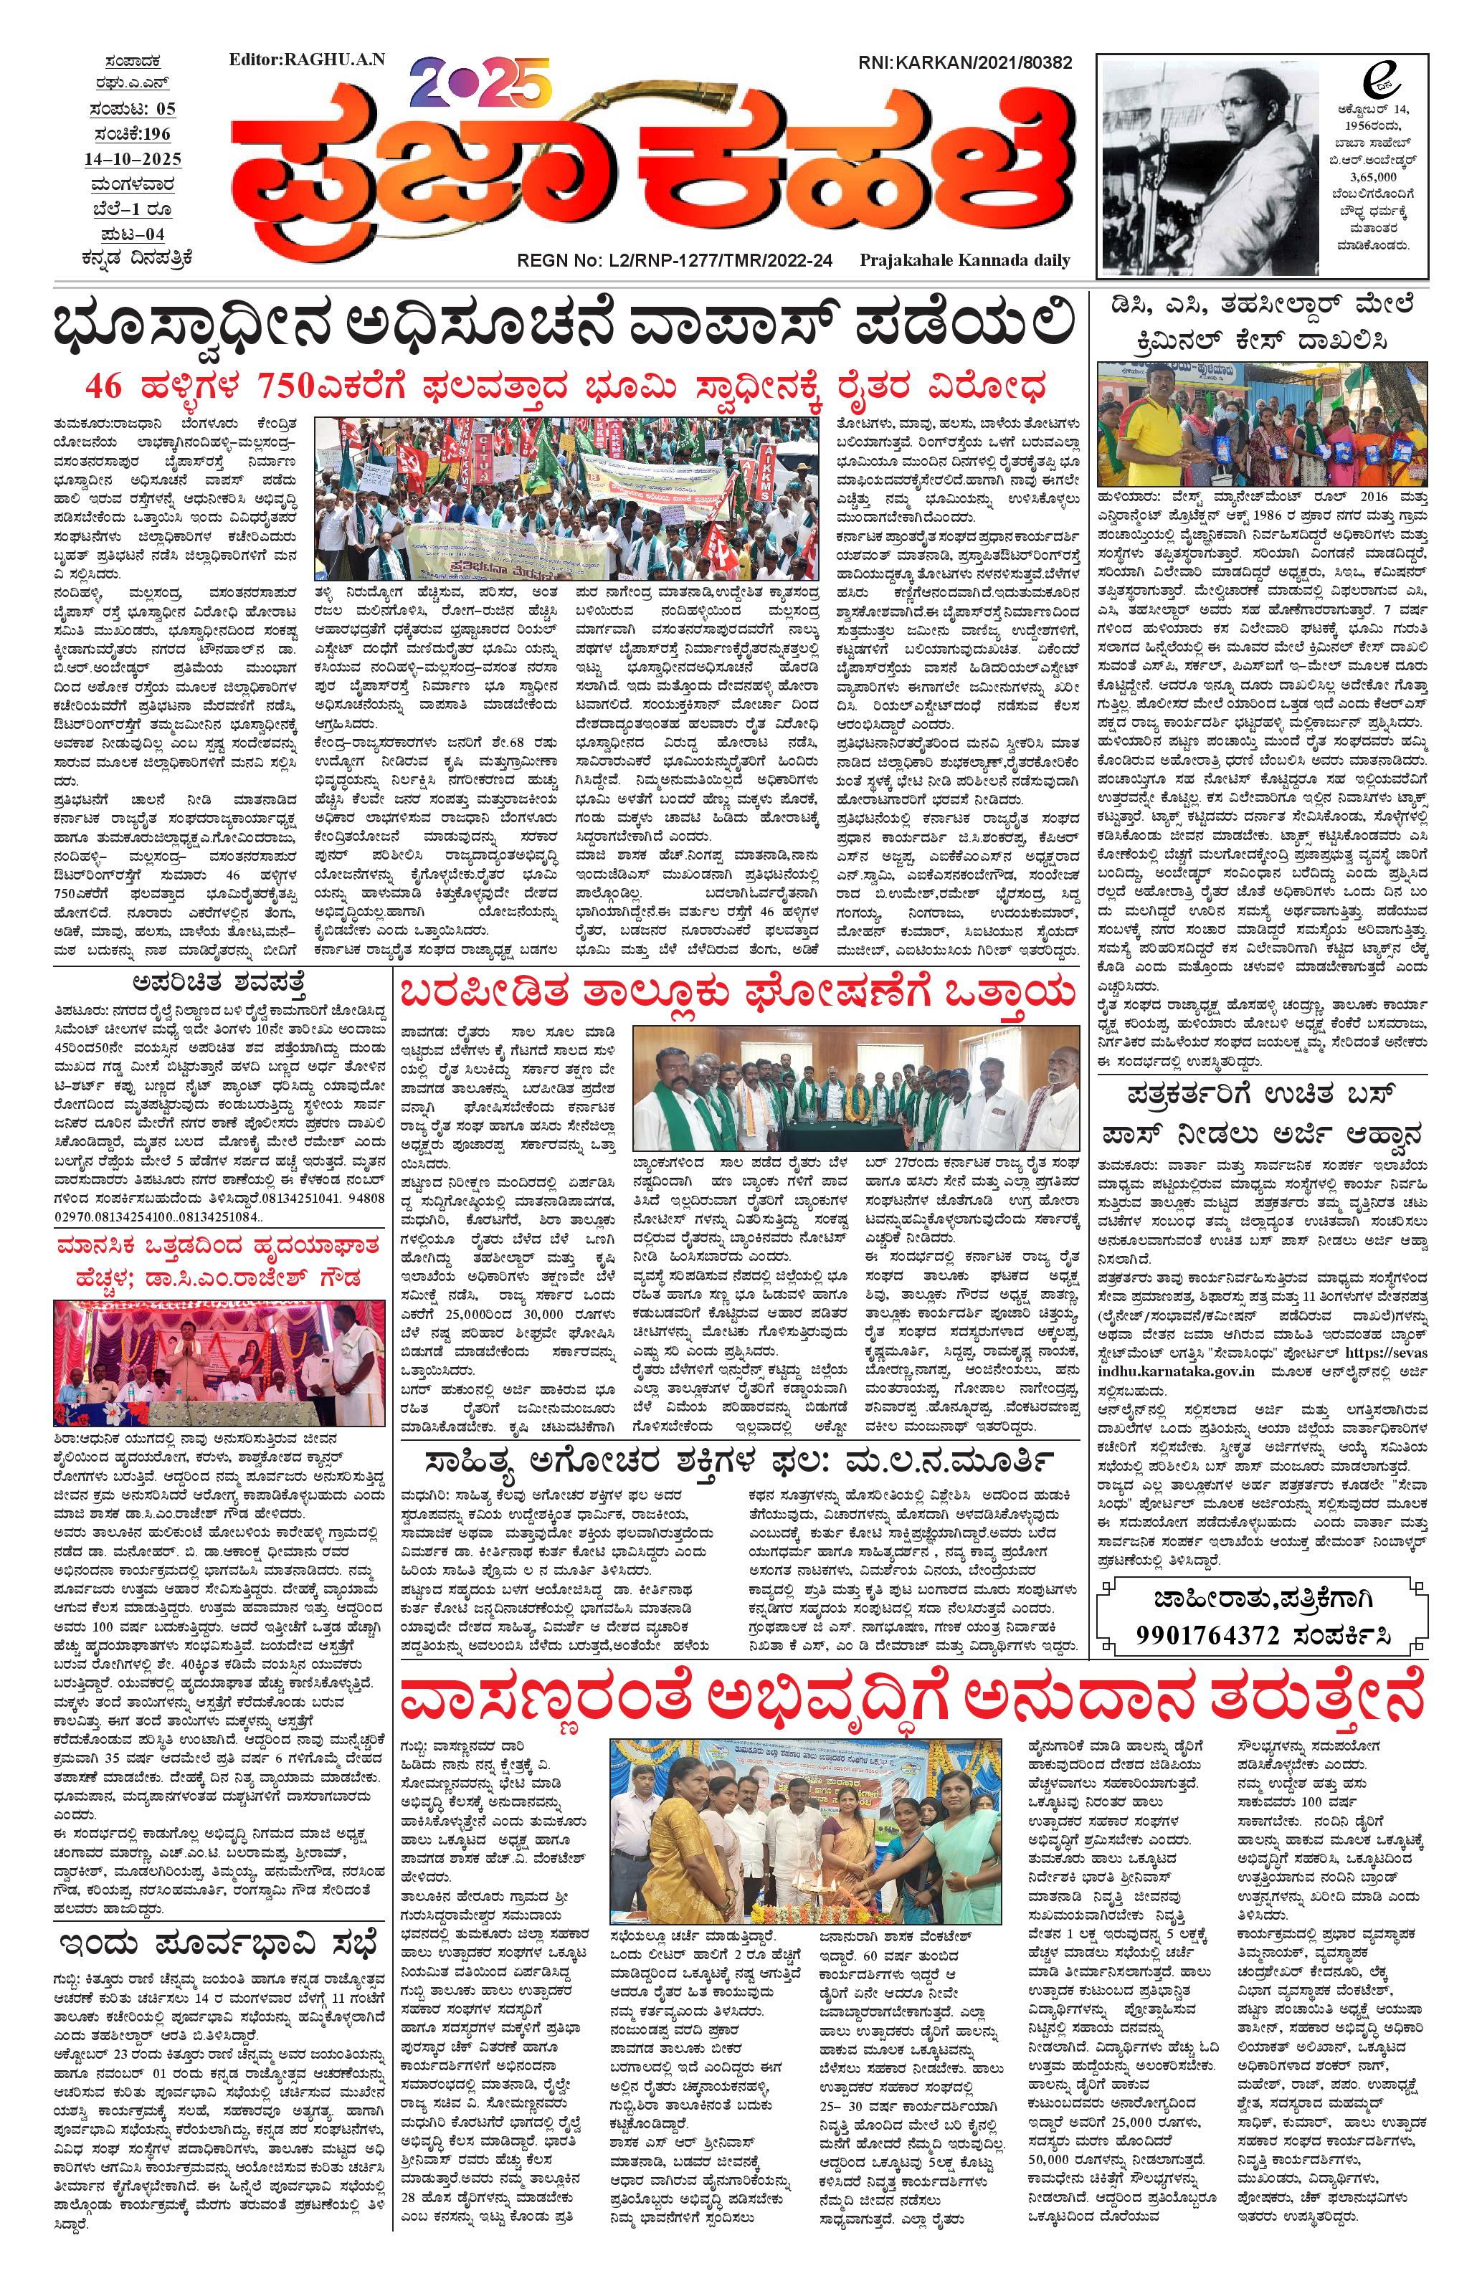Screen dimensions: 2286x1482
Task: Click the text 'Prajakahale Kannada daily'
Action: point(965,260)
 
